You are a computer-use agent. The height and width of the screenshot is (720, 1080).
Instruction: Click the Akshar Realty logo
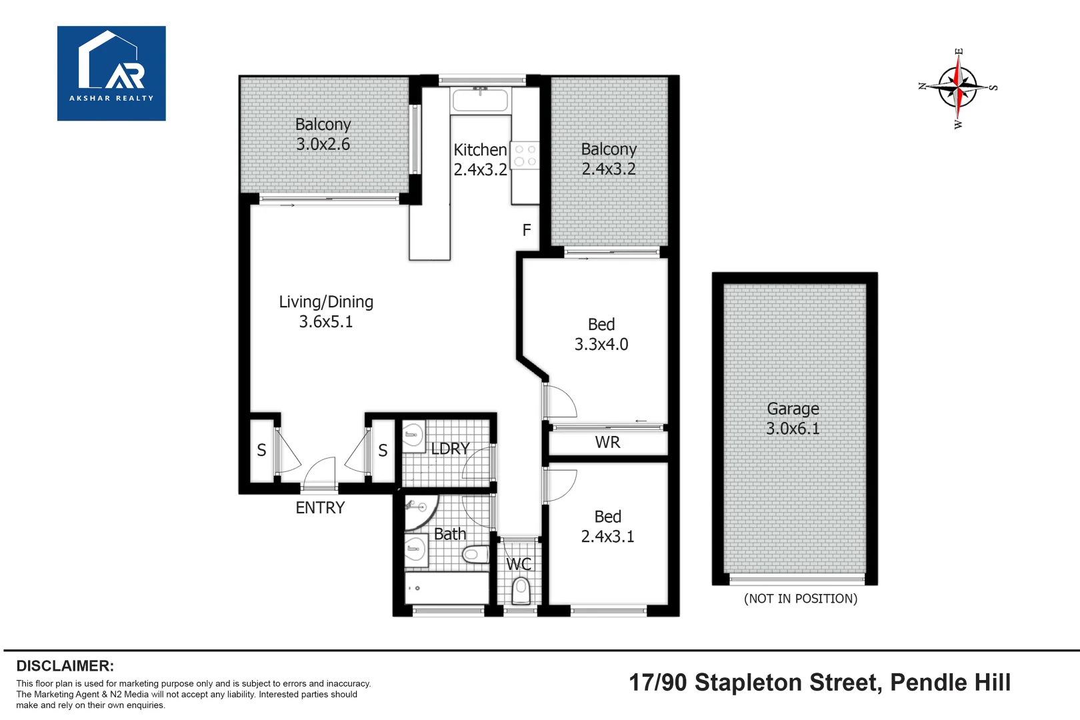pos(111,73)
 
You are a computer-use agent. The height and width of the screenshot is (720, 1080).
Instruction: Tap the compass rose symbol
pos(958,87)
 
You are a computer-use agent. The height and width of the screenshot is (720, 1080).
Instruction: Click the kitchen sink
pos(480,100)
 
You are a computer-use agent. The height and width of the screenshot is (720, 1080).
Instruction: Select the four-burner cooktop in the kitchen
pos(525,155)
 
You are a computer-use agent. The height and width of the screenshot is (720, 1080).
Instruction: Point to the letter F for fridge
pos(527,230)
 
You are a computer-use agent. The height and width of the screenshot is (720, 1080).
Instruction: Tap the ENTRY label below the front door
pos(320,508)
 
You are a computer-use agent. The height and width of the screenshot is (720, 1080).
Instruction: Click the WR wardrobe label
pos(607,442)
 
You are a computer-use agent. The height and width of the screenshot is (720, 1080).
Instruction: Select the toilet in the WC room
pos(521,591)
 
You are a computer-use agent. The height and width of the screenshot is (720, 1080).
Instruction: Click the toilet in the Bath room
pos(475,554)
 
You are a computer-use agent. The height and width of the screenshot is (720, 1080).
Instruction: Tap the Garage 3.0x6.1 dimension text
pos(793,419)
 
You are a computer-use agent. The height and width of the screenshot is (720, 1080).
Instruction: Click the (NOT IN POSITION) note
pos(801,599)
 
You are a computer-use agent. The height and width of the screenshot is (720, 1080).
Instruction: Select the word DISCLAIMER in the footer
pos(65,666)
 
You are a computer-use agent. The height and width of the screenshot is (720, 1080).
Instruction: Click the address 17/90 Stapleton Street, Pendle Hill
pos(819,683)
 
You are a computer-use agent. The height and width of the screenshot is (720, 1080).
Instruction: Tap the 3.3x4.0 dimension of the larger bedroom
pos(601,344)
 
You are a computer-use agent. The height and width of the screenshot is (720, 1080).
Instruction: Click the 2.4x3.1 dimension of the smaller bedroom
pos(607,536)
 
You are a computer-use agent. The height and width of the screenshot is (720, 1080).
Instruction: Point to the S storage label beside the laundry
pos(383,451)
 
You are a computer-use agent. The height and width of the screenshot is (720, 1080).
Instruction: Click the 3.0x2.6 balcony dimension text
pos(323,144)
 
